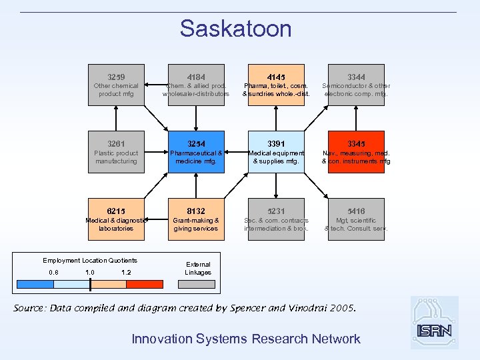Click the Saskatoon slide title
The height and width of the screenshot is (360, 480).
(235, 29)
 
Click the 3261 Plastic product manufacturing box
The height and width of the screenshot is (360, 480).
(117, 152)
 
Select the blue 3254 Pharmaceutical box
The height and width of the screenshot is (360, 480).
(196, 152)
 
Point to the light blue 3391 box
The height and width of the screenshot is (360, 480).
(276, 152)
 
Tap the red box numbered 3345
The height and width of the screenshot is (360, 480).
(356, 152)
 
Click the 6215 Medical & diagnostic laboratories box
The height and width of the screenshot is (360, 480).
(117, 219)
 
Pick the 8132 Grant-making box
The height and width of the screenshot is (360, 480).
(196, 219)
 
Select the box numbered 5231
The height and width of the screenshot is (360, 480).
(276, 219)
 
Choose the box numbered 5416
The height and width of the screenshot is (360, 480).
(356, 219)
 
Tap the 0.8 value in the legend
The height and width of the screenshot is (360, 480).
(53, 272)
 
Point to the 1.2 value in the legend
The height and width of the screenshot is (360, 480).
(126, 272)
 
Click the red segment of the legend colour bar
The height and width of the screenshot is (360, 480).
(144, 284)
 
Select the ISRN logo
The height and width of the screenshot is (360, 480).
(434, 323)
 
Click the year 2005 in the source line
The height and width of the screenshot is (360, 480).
(342, 309)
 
